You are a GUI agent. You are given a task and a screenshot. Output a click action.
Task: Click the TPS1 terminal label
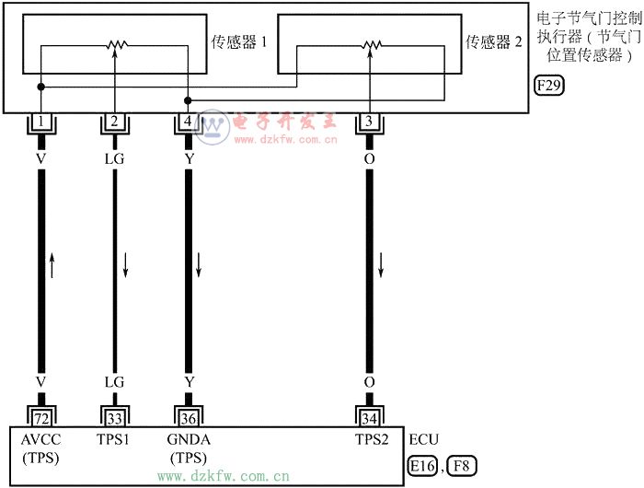pyautogui.click(x=114, y=439)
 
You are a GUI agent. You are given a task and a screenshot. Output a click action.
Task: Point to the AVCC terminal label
pyautogui.click(x=40, y=439)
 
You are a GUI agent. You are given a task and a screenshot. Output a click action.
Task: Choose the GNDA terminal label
pyautogui.click(x=189, y=439)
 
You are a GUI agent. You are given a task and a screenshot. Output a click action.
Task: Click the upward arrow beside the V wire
pyautogui.click(x=52, y=266)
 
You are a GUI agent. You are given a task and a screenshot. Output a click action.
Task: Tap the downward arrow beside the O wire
pyautogui.click(x=382, y=266)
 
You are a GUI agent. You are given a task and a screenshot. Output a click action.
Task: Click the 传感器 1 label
pyautogui.click(x=237, y=41)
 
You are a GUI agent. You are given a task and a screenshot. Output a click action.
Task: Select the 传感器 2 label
pyautogui.click(x=494, y=41)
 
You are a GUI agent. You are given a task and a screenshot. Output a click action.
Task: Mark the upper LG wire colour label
pyautogui.click(x=114, y=158)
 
